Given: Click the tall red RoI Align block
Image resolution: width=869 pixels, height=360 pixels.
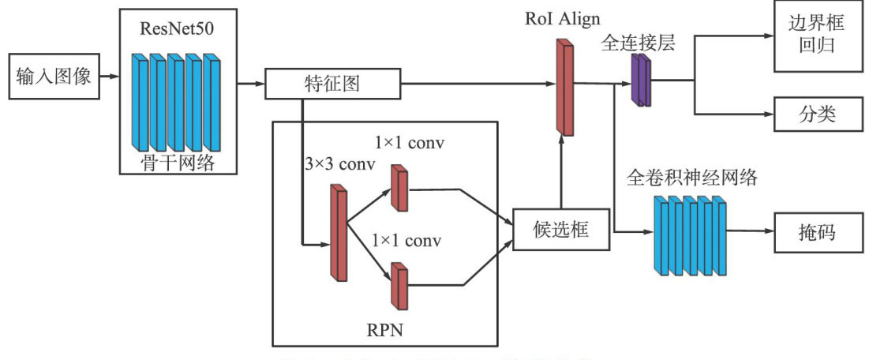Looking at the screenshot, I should click(x=564, y=86).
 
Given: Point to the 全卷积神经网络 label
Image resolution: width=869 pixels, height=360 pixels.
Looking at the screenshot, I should click(x=691, y=177).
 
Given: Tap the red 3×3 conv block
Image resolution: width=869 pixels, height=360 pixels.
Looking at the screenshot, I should click(x=339, y=232).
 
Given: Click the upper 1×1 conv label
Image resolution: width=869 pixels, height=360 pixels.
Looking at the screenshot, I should click(x=409, y=144).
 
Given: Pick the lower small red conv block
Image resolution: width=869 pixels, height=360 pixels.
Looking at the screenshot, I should click(x=398, y=287).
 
